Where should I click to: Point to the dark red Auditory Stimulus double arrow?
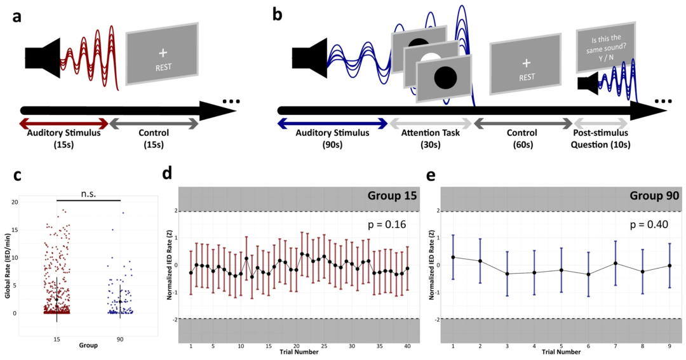point(64,122)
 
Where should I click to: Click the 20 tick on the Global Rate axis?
point(32,202)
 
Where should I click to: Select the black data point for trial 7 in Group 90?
point(615,263)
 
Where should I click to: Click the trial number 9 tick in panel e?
point(669,347)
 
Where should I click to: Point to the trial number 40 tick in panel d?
point(407,347)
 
